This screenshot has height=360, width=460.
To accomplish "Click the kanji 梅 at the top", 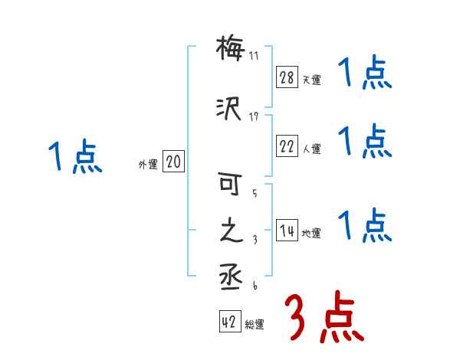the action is tap(230, 50).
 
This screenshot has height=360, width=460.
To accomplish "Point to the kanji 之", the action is tap(230, 231).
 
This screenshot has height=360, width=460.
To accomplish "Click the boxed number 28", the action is tap(287, 77).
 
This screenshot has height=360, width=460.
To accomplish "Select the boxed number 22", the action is tap(287, 147).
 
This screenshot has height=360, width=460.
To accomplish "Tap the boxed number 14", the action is tap(287, 231).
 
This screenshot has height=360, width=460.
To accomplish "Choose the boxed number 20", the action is tap(173, 162).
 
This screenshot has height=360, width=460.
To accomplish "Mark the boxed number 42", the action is tap(230, 322).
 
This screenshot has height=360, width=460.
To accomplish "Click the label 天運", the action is tap(311, 80).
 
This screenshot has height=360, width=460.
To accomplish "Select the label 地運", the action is tap(311, 233).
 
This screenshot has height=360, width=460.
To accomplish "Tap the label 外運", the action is tap(148, 164).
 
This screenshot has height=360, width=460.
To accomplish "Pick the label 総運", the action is tap(255, 325).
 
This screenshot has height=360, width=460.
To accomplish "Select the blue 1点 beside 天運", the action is tap(365, 75).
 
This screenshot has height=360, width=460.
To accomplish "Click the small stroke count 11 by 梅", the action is tap(254, 56).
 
